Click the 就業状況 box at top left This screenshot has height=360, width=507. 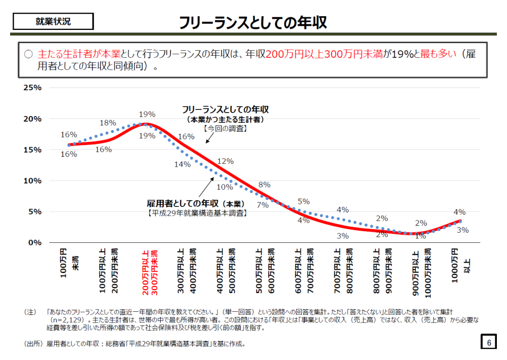click(53, 21)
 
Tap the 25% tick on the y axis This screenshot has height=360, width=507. click(32, 88)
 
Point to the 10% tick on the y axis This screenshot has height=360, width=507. click(32, 181)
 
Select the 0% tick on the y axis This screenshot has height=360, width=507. click(34, 242)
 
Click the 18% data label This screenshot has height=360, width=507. click(108, 123)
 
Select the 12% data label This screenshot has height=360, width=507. click(225, 161)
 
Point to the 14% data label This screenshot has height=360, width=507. click(182, 164)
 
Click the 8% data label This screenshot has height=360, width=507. click(264, 185)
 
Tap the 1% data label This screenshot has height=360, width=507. click(420, 236)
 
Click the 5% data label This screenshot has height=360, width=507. click(304, 201)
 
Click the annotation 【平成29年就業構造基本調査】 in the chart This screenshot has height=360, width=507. click(197, 213)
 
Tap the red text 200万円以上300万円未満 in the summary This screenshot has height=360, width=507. click(324, 54)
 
